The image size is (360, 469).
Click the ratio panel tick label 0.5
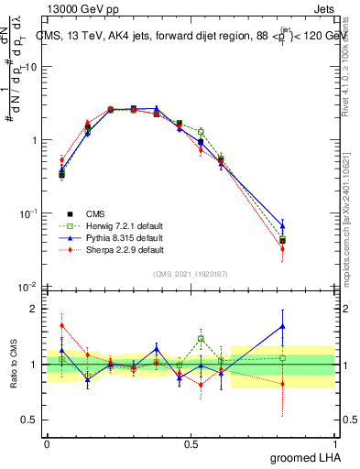pos(30,421)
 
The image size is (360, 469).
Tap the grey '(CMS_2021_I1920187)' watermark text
pos(190,274)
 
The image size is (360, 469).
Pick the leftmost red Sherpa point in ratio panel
pos(61,325)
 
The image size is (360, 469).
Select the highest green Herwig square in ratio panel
pos(200,339)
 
